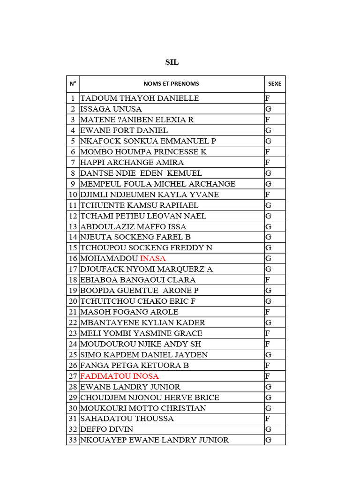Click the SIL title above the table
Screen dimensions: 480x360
coord(172,62)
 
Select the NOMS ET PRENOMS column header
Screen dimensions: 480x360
coord(172,84)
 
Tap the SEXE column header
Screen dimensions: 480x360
coord(275,84)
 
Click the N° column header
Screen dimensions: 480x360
coord(73,84)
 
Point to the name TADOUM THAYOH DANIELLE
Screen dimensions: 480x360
coord(140,98)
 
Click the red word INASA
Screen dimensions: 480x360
coord(153,259)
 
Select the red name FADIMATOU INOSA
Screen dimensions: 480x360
coord(120,376)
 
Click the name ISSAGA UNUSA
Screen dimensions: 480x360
coord(111,109)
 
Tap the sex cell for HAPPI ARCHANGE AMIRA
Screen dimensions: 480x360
coord(268,163)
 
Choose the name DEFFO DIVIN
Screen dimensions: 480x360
coord(107,429)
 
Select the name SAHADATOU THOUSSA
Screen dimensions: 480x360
coord(127,419)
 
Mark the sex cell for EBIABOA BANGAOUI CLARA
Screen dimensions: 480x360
coord(268,280)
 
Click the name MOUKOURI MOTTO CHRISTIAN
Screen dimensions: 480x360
coord(143,408)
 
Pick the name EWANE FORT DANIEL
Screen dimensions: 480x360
coord(124,130)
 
